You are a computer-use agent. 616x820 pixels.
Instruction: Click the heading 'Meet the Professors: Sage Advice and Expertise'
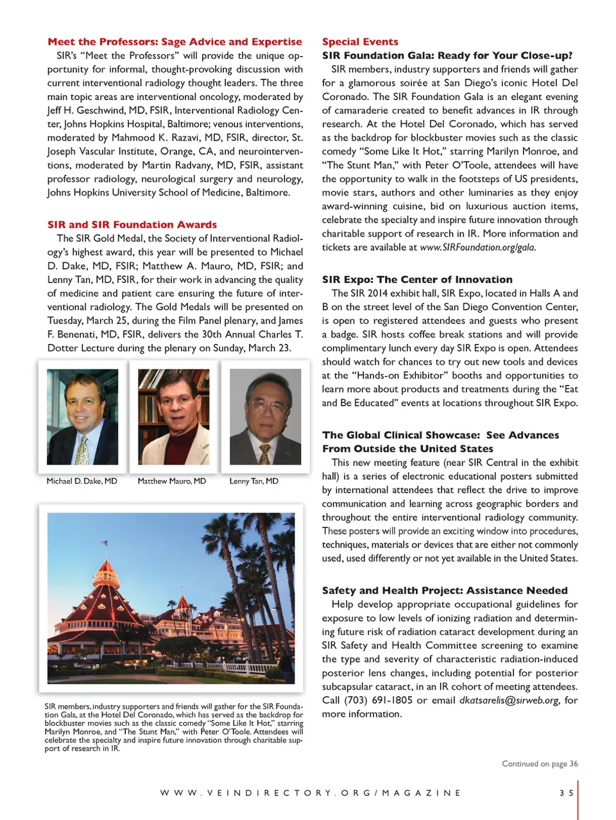pyautogui.click(x=175, y=42)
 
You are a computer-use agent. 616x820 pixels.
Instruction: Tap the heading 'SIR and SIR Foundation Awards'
pyautogui.click(x=132, y=225)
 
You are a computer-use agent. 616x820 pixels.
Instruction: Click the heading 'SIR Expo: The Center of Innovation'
pyautogui.click(x=417, y=279)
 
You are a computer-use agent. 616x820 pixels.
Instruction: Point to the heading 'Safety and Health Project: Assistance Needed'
pyautogui.click(x=445, y=590)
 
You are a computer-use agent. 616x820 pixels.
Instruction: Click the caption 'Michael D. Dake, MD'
pyautogui.click(x=82, y=481)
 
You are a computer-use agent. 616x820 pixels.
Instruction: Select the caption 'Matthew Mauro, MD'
pyautogui.click(x=172, y=481)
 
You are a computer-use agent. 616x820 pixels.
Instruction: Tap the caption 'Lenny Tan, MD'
pyautogui.click(x=254, y=481)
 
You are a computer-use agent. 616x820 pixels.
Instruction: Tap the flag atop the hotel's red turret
pyautogui.click(x=105, y=543)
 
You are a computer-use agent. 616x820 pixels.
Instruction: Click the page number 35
pyautogui.click(x=566, y=793)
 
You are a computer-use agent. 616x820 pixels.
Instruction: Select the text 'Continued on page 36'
pyautogui.click(x=540, y=764)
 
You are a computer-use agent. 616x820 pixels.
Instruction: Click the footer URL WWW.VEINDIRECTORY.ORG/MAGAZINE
pyautogui.click(x=311, y=793)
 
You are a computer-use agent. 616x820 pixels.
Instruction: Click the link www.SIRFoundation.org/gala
pyautogui.click(x=477, y=247)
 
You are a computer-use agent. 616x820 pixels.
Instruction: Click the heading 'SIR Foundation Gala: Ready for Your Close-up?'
pyautogui.click(x=447, y=55)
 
